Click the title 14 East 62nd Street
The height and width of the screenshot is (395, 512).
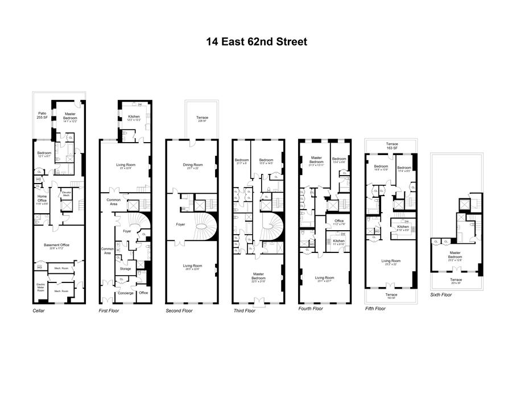pyautogui.click(x=256, y=41)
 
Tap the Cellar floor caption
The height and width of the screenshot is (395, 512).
pyautogui.click(x=39, y=311)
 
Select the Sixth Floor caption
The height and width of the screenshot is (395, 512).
pyautogui.click(x=441, y=295)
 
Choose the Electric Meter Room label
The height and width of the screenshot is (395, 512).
pyautogui.click(x=40, y=286)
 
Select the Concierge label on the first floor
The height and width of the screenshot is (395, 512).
pyautogui.click(x=125, y=293)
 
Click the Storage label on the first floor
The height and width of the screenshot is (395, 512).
pyautogui.click(x=125, y=269)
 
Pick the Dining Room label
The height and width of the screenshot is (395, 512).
pyautogui.click(x=192, y=166)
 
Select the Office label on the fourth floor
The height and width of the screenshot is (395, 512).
pyautogui.click(x=339, y=222)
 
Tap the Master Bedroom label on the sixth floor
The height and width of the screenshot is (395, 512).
pyautogui.click(x=455, y=255)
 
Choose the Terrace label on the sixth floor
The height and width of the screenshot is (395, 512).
pyautogui.click(x=455, y=280)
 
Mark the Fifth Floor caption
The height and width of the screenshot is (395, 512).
pyautogui.click(x=375, y=309)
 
